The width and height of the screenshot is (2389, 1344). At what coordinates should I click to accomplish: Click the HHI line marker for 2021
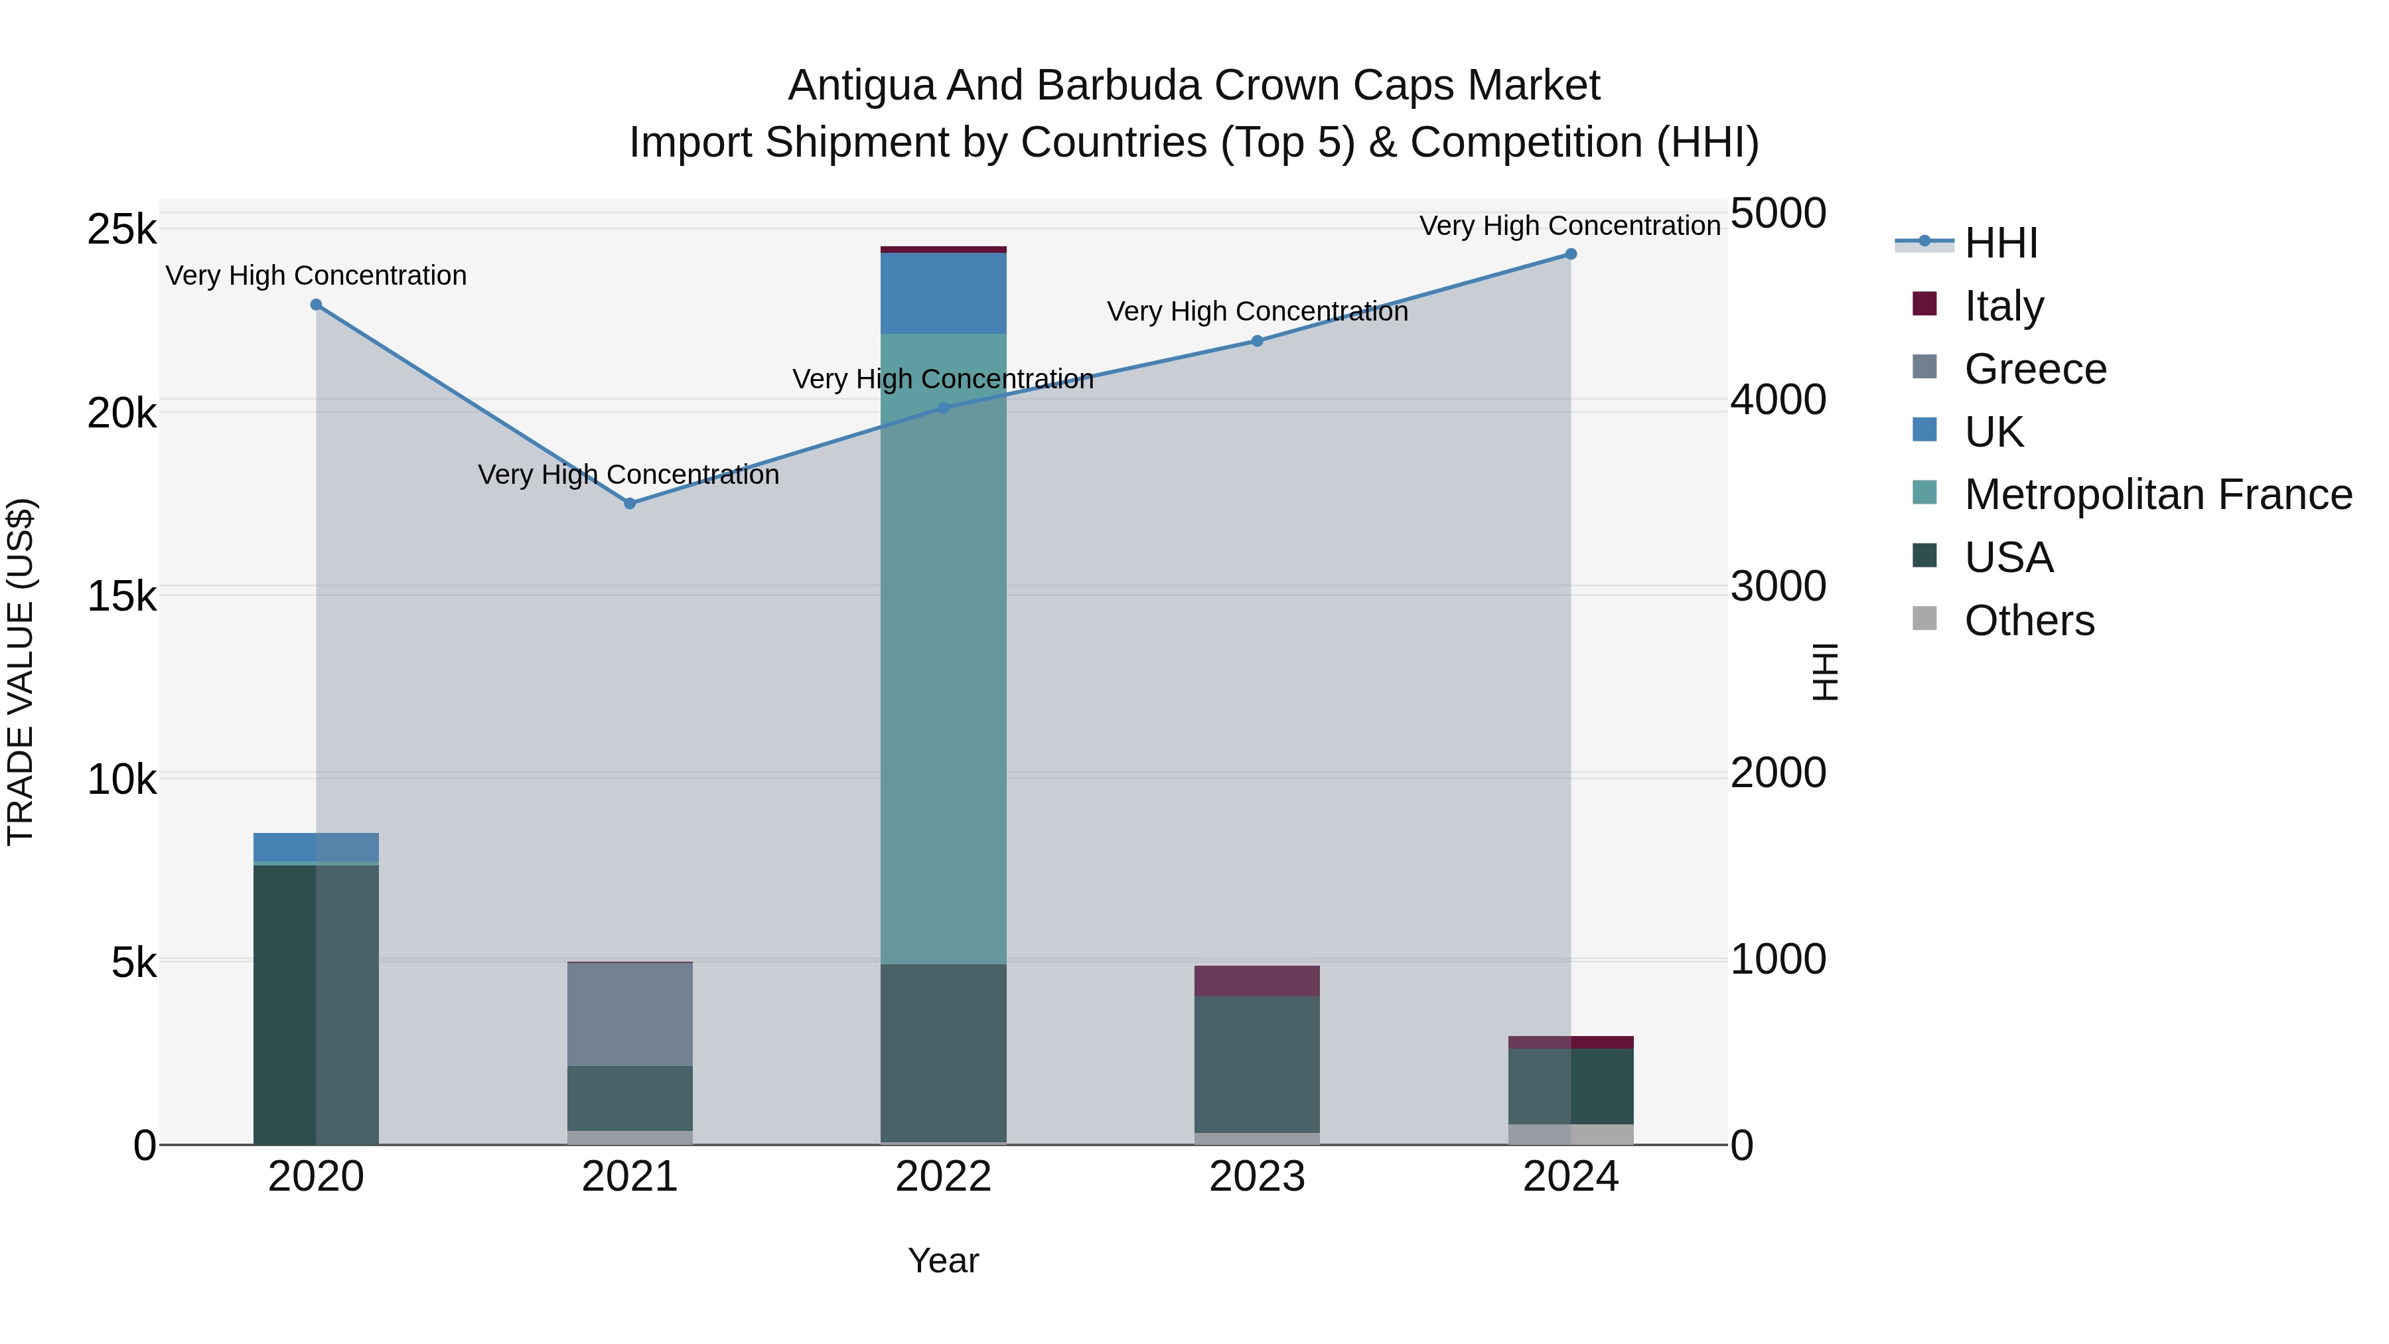click(x=630, y=504)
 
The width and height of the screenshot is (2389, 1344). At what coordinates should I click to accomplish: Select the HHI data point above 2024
click(x=1571, y=254)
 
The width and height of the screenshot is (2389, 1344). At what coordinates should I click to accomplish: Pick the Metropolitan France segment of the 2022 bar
click(x=943, y=649)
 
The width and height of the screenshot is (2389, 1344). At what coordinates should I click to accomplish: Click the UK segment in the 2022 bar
click(x=943, y=293)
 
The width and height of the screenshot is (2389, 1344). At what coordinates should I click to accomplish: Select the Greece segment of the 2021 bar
click(x=630, y=1015)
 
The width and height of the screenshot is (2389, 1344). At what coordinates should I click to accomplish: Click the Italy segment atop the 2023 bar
click(x=1257, y=982)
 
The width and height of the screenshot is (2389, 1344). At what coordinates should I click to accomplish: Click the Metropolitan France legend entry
click(x=2157, y=494)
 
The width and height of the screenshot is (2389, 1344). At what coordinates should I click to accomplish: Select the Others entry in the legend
click(x=2028, y=621)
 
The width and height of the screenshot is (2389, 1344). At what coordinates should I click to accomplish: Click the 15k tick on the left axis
click(x=122, y=597)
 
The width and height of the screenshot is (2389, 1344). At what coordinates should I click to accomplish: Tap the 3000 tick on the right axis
click(x=1778, y=587)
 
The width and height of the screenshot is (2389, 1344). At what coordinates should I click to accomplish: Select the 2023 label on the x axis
click(x=1257, y=1177)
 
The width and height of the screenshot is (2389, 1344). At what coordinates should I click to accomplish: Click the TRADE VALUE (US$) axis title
click(x=21, y=672)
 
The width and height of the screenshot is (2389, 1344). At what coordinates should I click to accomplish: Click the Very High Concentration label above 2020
click(x=317, y=275)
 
